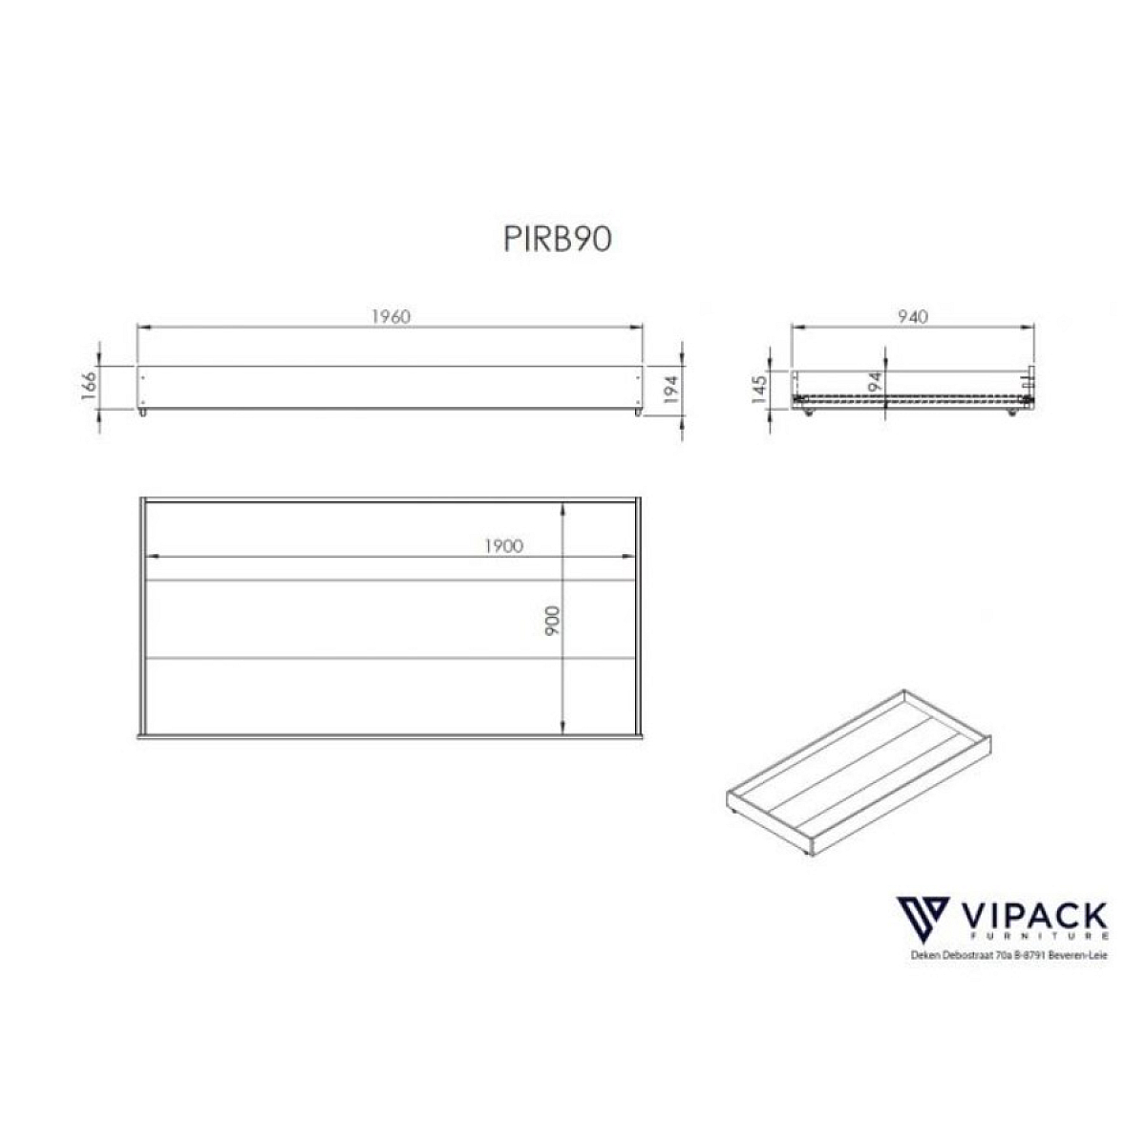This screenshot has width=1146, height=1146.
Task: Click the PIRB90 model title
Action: (x=557, y=239)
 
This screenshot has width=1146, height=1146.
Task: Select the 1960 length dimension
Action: (x=391, y=316)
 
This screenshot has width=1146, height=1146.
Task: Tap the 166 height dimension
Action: (x=88, y=386)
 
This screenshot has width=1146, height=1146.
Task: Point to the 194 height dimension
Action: (x=670, y=390)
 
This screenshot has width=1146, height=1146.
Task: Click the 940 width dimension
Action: (x=912, y=316)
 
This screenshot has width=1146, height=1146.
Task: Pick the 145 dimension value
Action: (x=759, y=390)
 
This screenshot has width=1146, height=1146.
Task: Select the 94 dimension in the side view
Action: (x=874, y=381)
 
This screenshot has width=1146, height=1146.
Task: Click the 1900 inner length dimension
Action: (x=503, y=546)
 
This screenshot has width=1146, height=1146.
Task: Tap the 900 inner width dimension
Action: (x=552, y=621)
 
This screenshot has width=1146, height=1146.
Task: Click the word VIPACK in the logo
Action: (x=1034, y=917)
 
